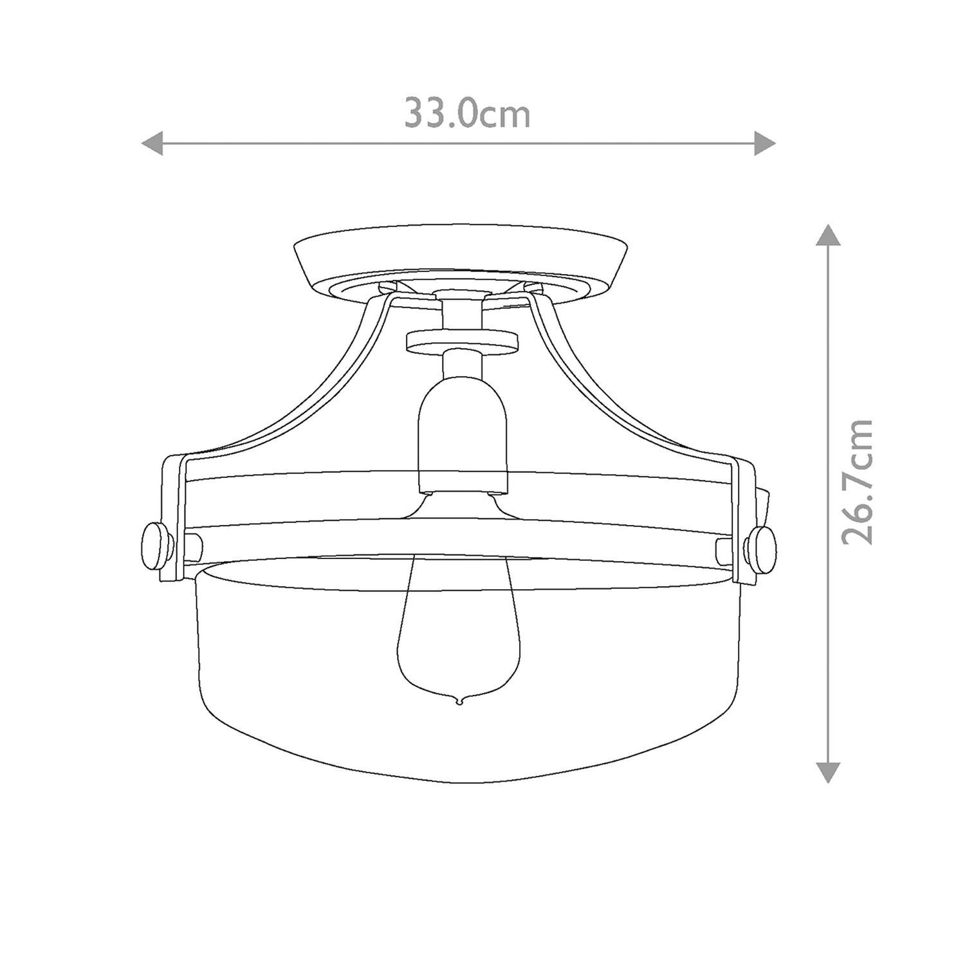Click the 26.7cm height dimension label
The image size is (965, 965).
(857, 482)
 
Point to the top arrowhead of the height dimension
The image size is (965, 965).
(828, 235)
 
